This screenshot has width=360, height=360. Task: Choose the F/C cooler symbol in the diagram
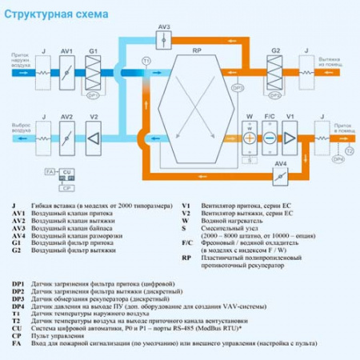click(270, 137)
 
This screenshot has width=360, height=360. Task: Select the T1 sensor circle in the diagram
click(146, 61)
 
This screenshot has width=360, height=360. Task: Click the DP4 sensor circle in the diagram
click(338, 159)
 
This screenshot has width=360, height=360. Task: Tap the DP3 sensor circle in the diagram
click(236, 87)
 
